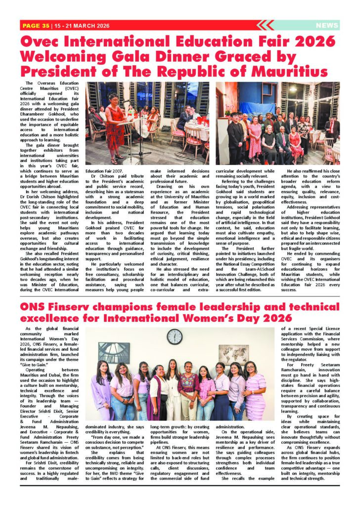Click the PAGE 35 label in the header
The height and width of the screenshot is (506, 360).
click(36, 25)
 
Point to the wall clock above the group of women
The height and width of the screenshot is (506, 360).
click(174, 337)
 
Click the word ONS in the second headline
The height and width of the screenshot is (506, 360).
click(34, 307)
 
